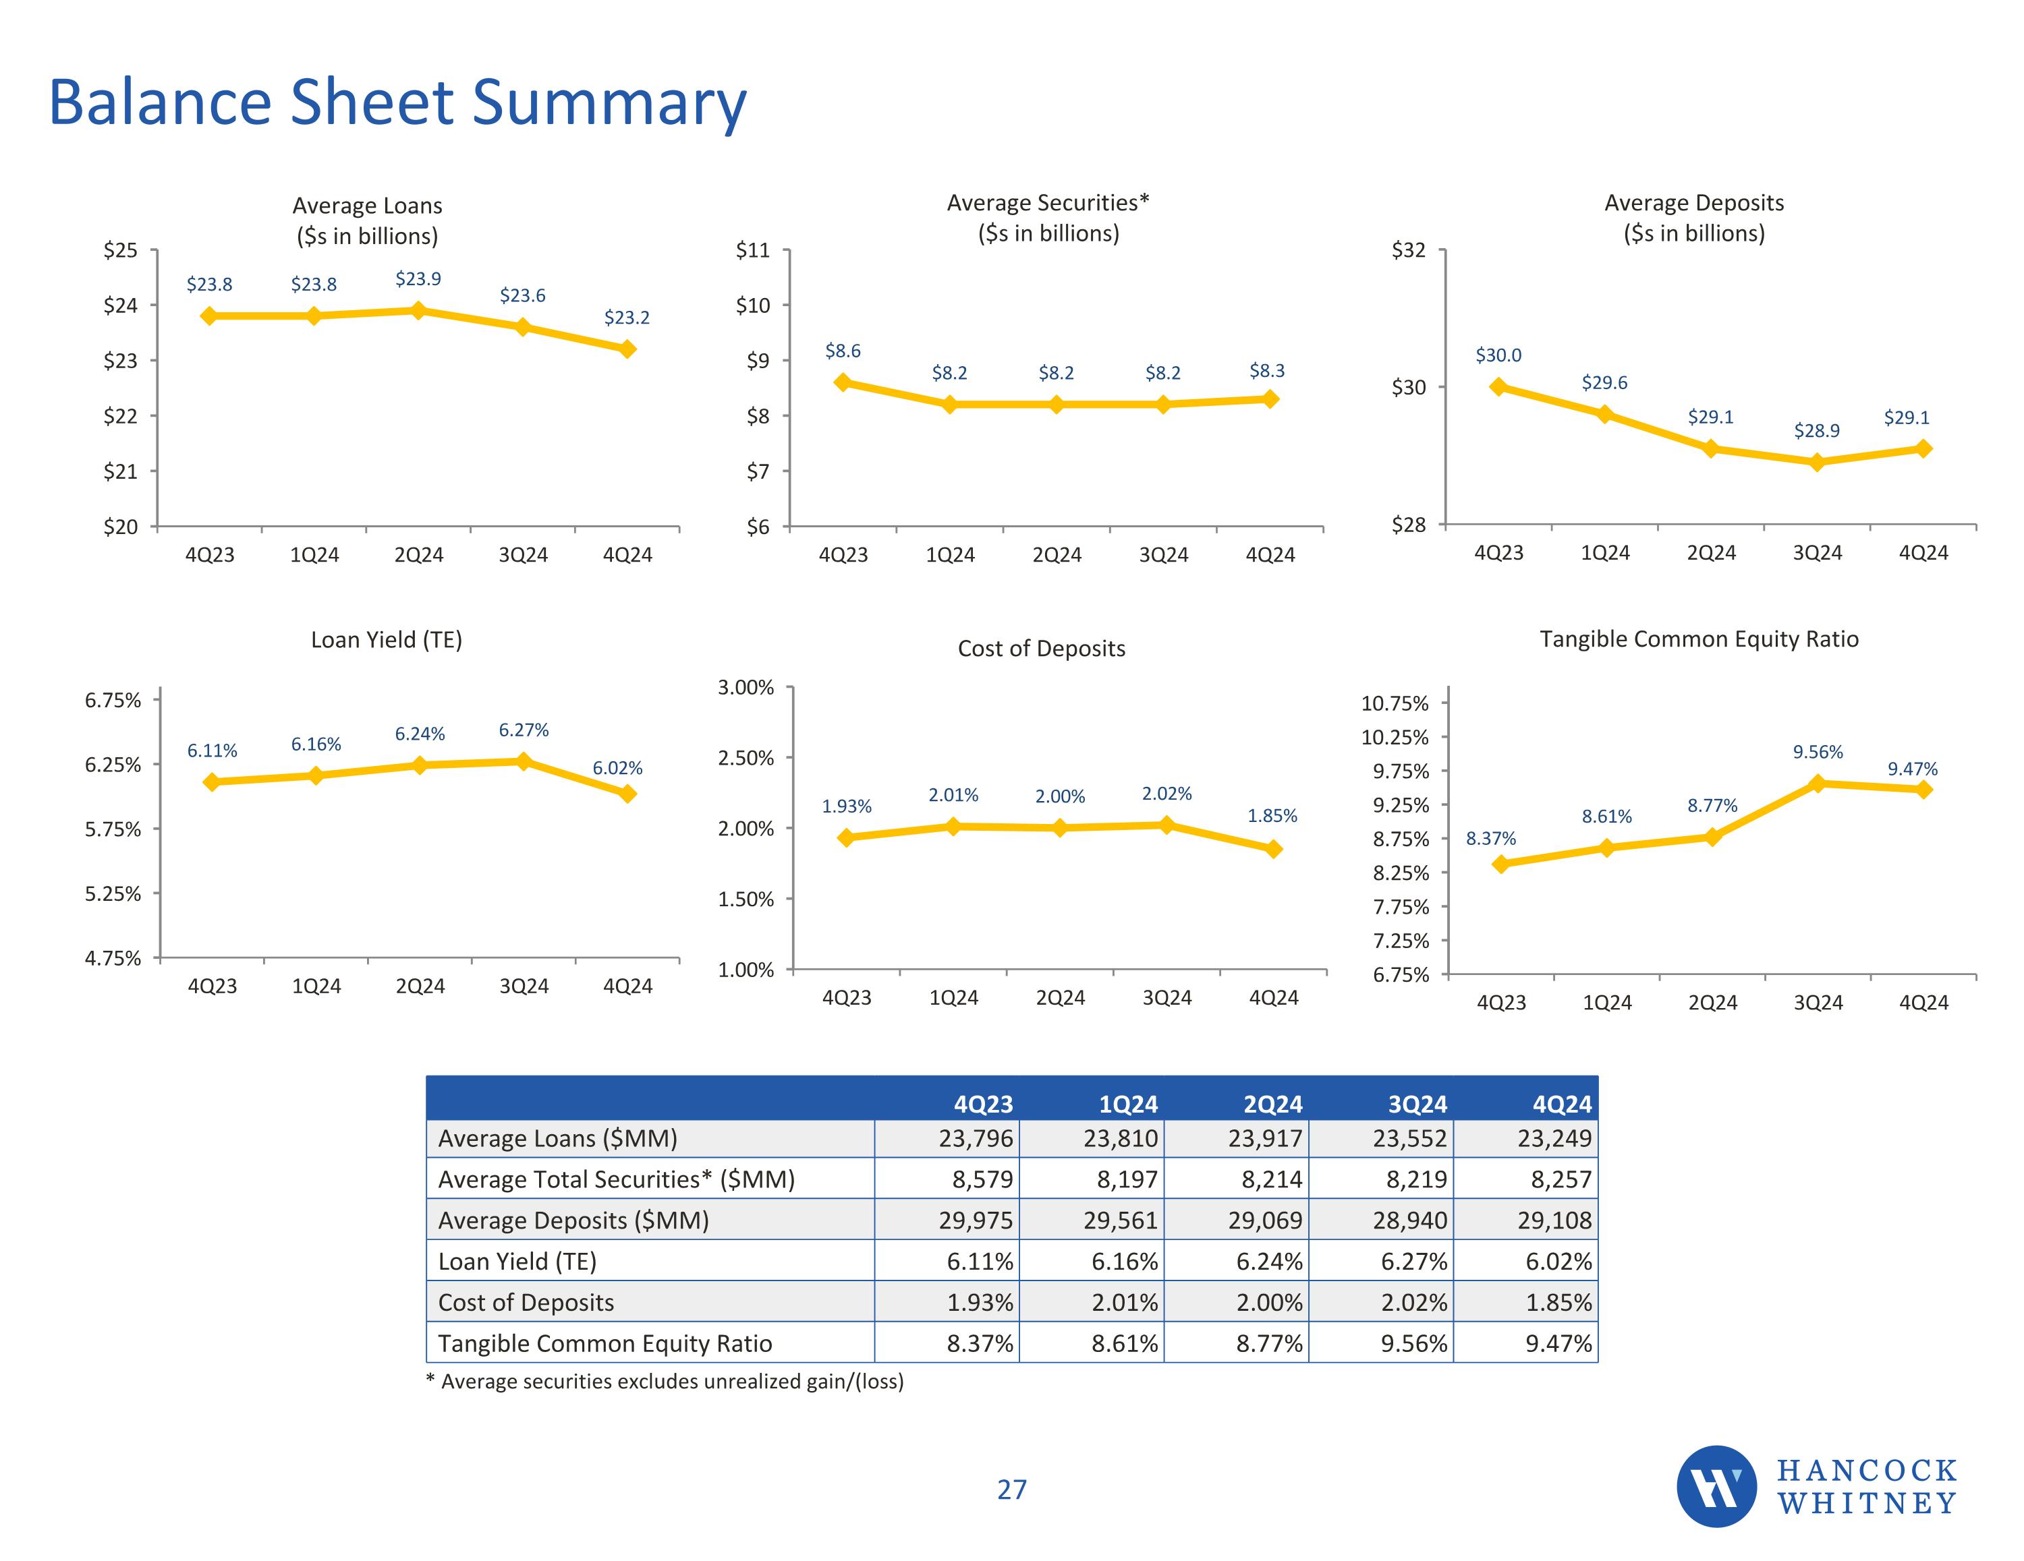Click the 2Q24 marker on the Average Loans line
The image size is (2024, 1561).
point(418,310)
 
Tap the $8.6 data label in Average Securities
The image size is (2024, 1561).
point(843,351)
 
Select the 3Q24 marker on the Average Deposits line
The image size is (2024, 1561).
point(1816,463)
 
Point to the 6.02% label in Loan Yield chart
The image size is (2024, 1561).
point(617,768)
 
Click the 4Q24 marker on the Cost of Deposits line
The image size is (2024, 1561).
point(1273,848)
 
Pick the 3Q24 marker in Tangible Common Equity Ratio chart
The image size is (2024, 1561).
point(1818,784)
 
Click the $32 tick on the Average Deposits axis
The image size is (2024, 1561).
point(1409,250)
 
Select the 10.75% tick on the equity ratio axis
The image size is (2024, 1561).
point(1394,703)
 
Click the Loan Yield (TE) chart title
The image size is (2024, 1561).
point(387,640)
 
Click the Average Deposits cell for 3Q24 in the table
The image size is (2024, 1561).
point(1409,1220)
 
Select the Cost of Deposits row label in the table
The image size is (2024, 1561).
point(526,1303)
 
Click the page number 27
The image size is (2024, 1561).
point(1012,1490)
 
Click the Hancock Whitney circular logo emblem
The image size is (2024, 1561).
point(1716,1486)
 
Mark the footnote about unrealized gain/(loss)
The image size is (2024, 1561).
point(665,1381)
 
